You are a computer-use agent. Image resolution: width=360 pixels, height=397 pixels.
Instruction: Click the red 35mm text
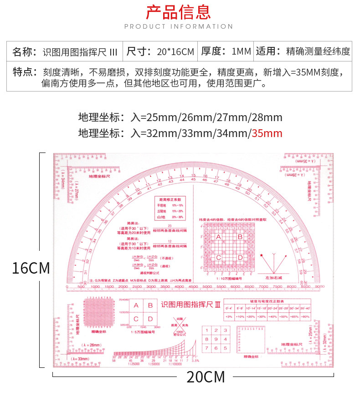(x=267, y=133)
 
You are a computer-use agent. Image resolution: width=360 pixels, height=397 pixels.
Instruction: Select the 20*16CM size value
(x=175, y=51)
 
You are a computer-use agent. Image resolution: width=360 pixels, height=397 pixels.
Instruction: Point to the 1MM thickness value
(x=242, y=51)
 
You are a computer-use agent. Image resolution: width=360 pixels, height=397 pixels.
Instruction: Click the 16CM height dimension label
(x=31, y=268)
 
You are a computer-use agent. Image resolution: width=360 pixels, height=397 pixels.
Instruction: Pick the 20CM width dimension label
(x=206, y=377)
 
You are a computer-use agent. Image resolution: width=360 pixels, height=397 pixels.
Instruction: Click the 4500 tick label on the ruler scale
(x=193, y=287)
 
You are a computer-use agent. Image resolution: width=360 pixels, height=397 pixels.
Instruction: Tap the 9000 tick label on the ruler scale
(x=319, y=287)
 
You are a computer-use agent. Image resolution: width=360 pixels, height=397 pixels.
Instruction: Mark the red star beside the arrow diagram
(x=261, y=255)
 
